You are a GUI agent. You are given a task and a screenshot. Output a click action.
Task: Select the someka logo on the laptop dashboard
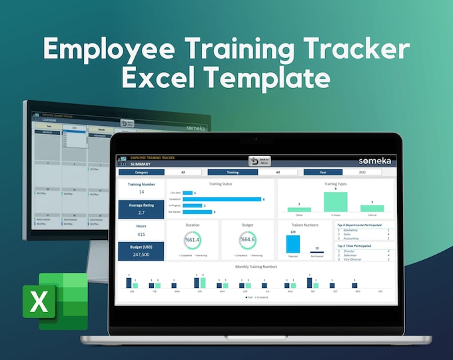tap(371, 161)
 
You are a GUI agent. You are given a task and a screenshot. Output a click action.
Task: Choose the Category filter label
tap(141, 172)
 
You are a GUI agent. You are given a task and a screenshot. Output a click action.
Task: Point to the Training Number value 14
tap(141, 192)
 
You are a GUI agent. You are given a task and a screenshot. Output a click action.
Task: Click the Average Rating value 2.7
tap(141, 213)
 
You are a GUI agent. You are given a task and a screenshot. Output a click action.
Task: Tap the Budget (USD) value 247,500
tap(141, 254)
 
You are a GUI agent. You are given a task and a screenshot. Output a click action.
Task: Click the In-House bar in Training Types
tap(335, 201)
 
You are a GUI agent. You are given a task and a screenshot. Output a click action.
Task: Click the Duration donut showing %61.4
tap(193, 239)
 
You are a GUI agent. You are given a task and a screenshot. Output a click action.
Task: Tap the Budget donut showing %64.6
tap(247, 239)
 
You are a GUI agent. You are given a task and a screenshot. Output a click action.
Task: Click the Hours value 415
tap(141, 234)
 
